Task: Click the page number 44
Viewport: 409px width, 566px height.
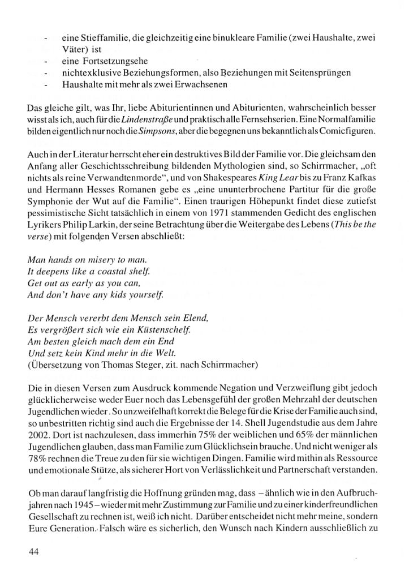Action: (x=33, y=550)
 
